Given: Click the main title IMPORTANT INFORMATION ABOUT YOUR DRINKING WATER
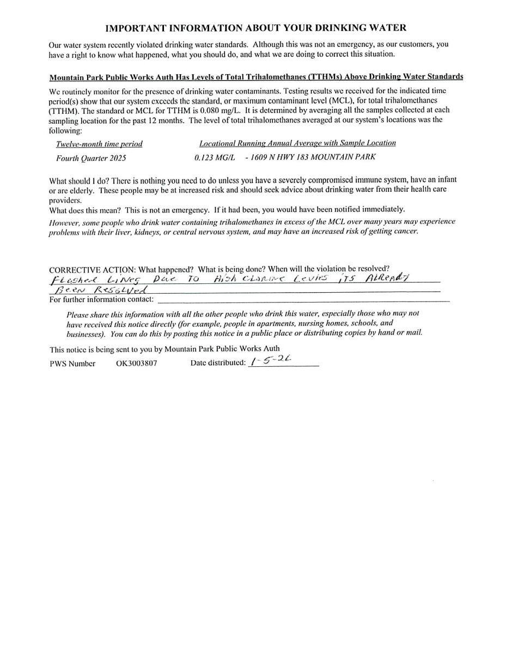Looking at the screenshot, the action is click(255, 28).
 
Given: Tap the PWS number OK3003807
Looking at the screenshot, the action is click(136, 363).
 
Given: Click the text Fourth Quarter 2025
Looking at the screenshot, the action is click(91, 158).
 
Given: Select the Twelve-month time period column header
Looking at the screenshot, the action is click(99, 144).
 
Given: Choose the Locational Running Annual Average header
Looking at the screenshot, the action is click(297, 143).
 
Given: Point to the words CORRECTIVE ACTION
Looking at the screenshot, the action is click(92, 269).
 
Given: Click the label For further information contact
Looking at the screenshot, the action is click(101, 300).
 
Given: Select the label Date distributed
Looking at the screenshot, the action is click(218, 363).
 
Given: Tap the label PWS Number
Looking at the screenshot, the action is click(72, 364).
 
